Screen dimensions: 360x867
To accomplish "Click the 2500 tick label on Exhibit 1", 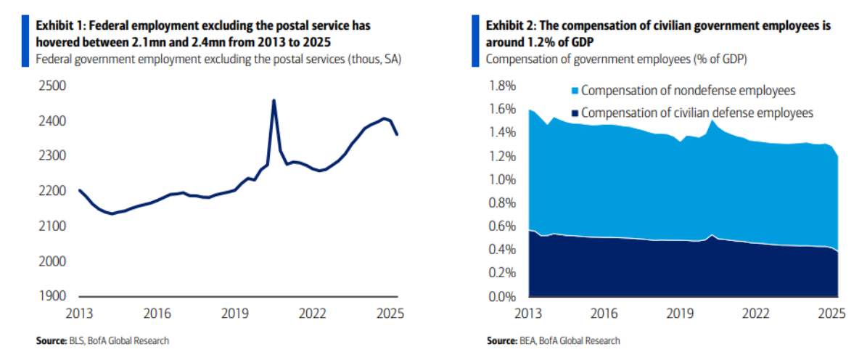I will [x=52, y=86].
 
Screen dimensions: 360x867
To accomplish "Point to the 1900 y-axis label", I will [x=52, y=297].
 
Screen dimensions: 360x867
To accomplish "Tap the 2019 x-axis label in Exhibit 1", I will [x=235, y=314].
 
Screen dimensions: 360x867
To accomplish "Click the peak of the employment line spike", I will [x=274, y=100].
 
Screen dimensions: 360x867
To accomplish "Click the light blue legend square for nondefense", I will [x=574, y=91].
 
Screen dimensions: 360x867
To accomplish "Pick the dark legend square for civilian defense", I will [x=574, y=113].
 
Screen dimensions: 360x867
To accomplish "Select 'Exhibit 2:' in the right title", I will [x=509, y=25].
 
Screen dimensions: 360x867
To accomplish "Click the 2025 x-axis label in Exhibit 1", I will [x=390, y=314].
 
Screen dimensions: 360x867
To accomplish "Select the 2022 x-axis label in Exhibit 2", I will [x=755, y=314].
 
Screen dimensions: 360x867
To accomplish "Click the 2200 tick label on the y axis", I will [x=52, y=192].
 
